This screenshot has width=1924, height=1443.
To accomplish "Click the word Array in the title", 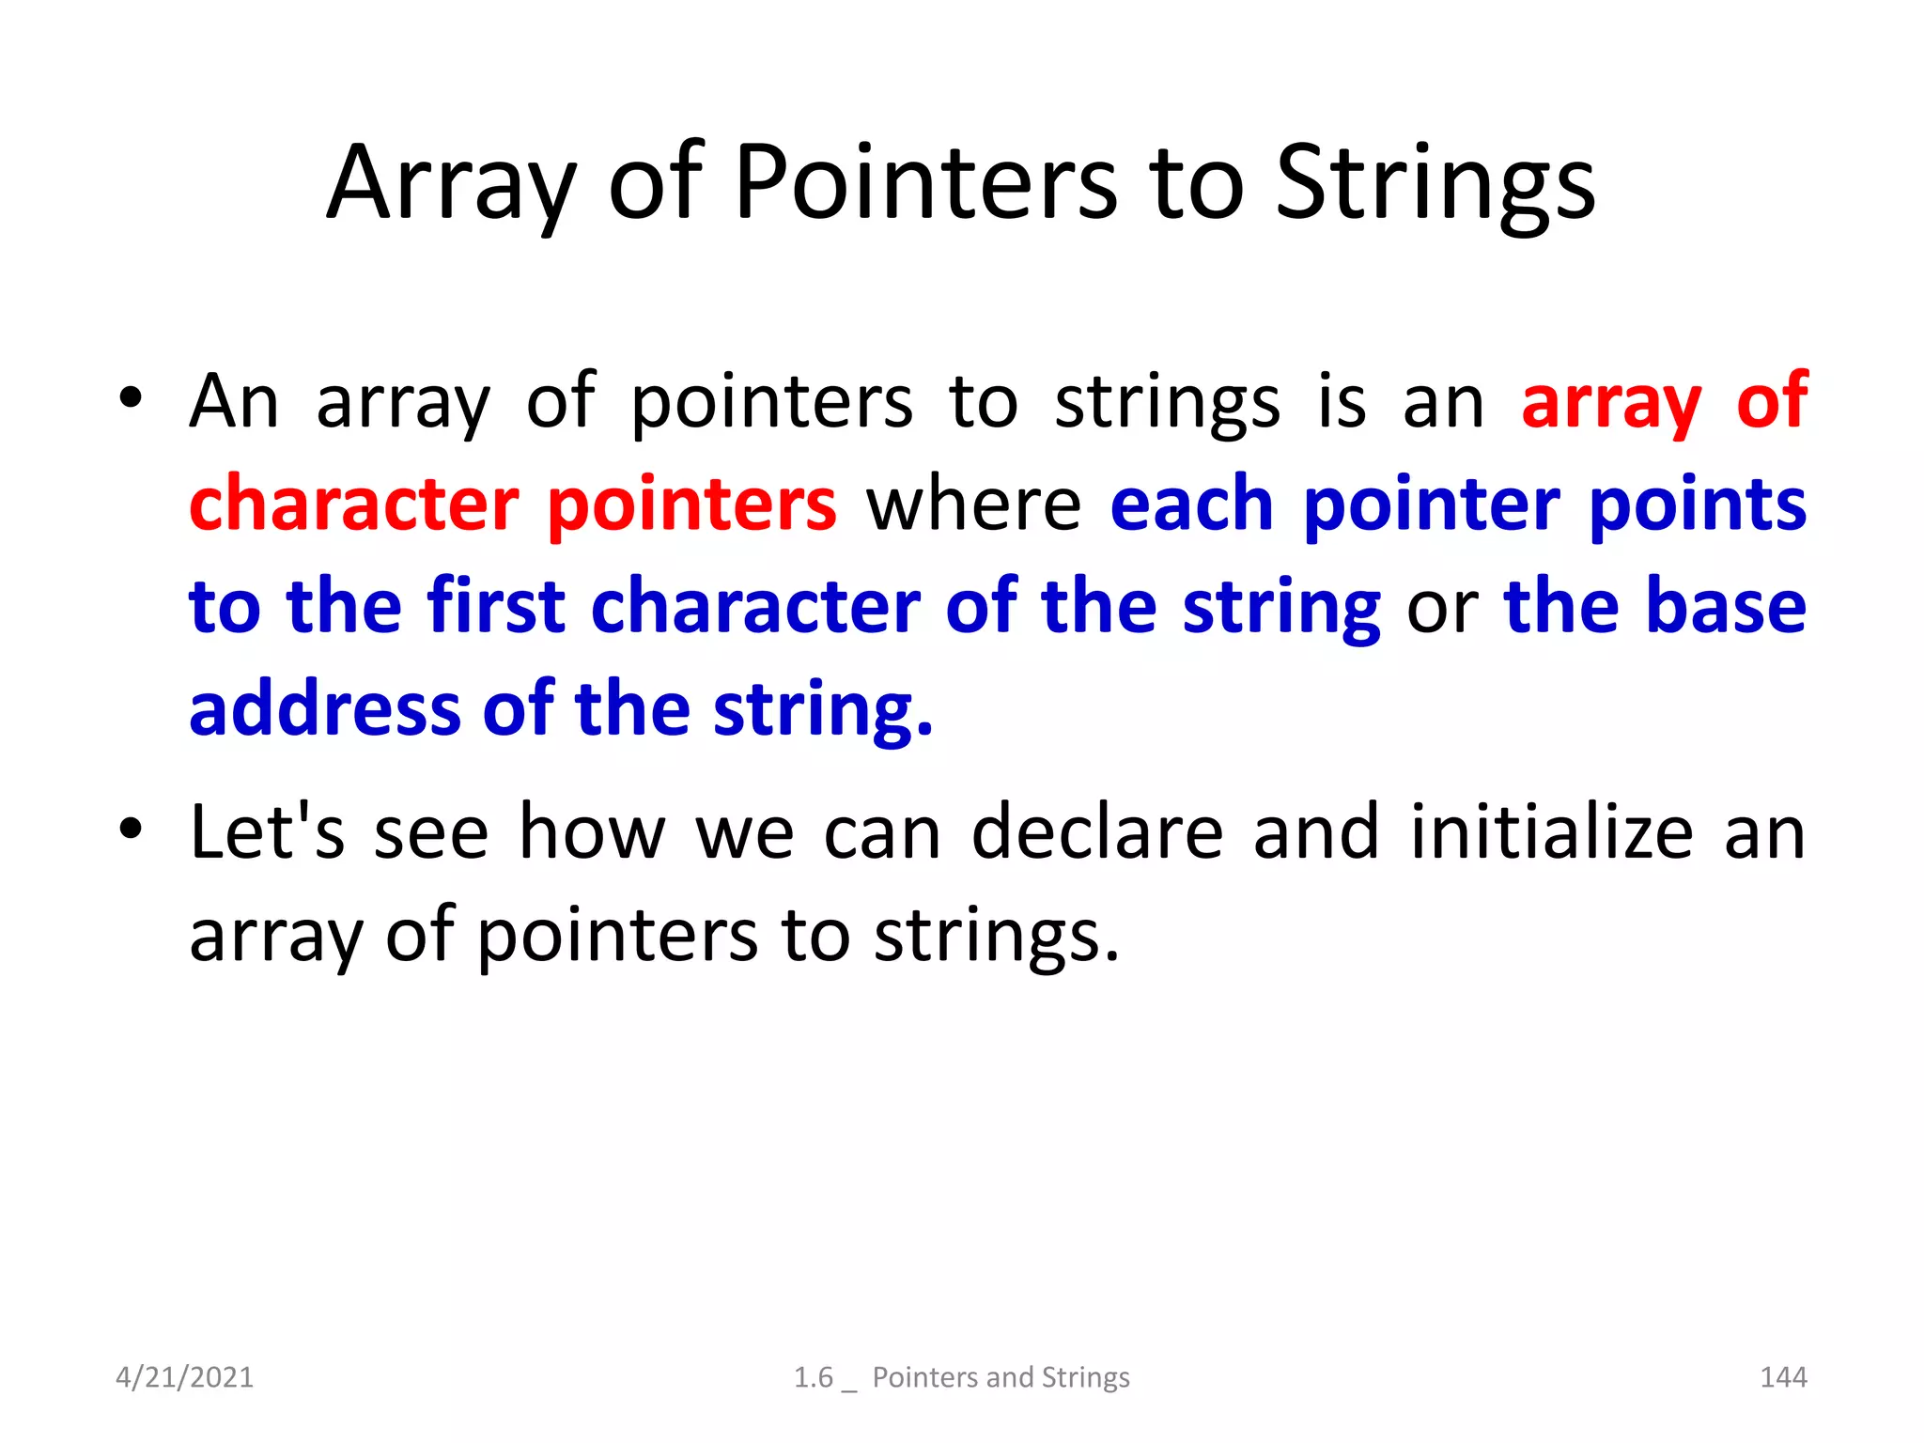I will click(x=449, y=184).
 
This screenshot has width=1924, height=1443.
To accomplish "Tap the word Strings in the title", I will click(x=1435, y=184).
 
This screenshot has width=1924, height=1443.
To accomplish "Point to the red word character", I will click(x=353, y=504).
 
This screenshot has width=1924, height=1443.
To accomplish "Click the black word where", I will click(x=973, y=504).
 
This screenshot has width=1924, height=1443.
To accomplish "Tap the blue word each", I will click(x=1191, y=504).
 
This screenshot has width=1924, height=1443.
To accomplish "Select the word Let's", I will click(x=267, y=831).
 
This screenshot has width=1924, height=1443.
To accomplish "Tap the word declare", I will click(x=1096, y=831).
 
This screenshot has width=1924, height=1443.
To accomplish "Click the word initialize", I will click(x=1552, y=831).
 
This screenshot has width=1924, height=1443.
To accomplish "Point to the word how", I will click(x=592, y=831).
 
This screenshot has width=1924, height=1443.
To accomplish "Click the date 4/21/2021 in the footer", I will click(x=184, y=1377).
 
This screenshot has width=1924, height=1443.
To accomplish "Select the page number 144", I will click(x=1782, y=1377).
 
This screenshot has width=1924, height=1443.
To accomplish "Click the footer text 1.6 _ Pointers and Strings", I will click(x=961, y=1377).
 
